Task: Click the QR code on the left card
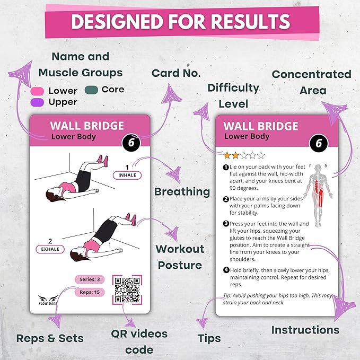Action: [127, 289]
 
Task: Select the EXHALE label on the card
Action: [51, 249]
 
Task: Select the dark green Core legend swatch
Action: [91, 90]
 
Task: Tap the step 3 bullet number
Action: [226, 224]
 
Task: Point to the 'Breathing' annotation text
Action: [182, 191]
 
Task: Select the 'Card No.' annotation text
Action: [176, 73]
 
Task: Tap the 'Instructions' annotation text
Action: [305, 330]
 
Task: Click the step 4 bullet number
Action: [226, 270]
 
